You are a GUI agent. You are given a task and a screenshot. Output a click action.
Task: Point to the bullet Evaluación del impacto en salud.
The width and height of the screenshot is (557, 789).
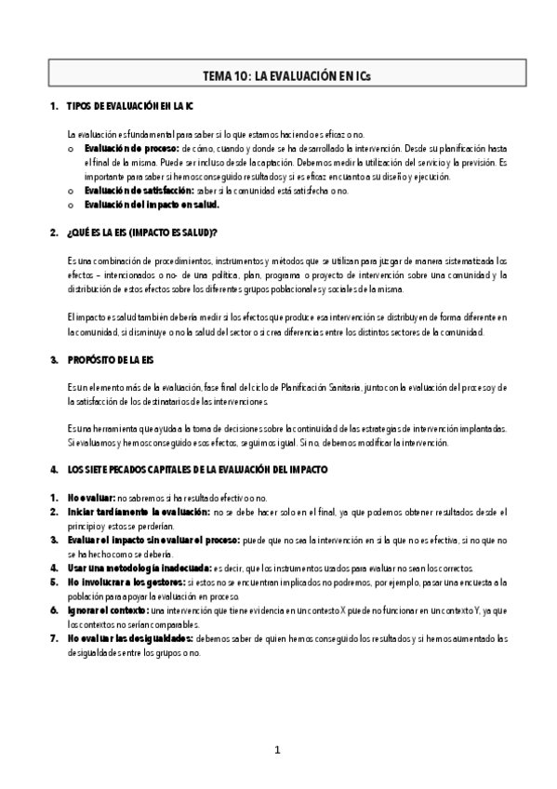pyautogui.click(x=152, y=205)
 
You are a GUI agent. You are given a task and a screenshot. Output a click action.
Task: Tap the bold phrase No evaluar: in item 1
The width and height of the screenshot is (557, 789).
pyautogui.click(x=92, y=499)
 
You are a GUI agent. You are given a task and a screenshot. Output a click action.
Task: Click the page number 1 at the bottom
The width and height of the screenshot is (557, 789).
pyautogui.click(x=278, y=750)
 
